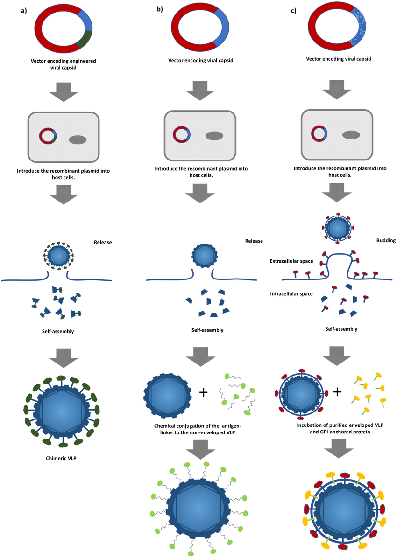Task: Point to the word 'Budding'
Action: [x=385, y=241]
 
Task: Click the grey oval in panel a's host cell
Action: [x=78, y=139]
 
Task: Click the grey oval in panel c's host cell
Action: [x=351, y=135]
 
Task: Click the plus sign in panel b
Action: [x=203, y=392]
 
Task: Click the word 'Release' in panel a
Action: [x=103, y=242]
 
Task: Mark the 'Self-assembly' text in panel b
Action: [x=207, y=330]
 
